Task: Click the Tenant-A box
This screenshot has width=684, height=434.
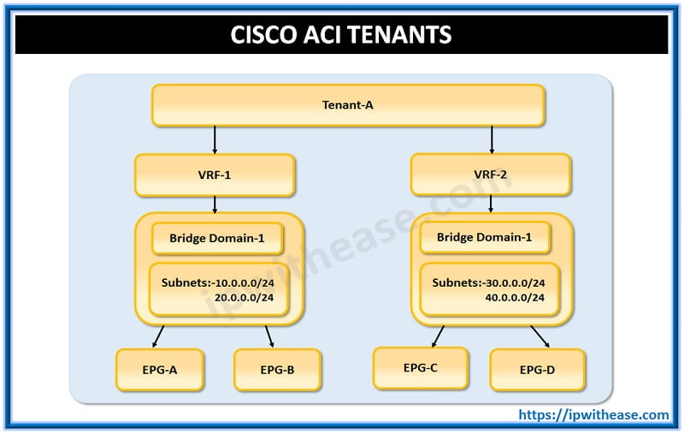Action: click(x=348, y=105)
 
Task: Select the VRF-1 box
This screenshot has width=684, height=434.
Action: click(x=214, y=175)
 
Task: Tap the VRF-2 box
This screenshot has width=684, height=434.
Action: click(x=490, y=175)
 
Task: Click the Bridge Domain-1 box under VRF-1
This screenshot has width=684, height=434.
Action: click(x=217, y=238)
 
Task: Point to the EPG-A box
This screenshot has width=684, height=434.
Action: click(x=159, y=370)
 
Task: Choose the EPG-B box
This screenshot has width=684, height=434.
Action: click(x=277, y=370)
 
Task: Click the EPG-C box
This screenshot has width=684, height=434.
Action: click(x=421, y=368)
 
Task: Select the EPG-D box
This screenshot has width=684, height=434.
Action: click(x=538, y=370)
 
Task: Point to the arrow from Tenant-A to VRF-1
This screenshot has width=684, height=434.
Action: click(x=214, y=139)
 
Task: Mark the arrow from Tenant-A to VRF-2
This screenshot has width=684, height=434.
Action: click(x=492, y=139)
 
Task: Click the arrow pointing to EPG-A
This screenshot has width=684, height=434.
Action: click(x=158, y=336)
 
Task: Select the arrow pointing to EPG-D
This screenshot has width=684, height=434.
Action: click(x=540, y=335)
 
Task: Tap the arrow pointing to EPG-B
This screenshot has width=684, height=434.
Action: click(x=269, y=336)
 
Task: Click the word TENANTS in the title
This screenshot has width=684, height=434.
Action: click(x=400, y=36)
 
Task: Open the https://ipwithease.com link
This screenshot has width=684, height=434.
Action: click(x=594, y=415)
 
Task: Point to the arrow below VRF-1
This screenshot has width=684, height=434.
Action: click(x=214, y=204)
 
